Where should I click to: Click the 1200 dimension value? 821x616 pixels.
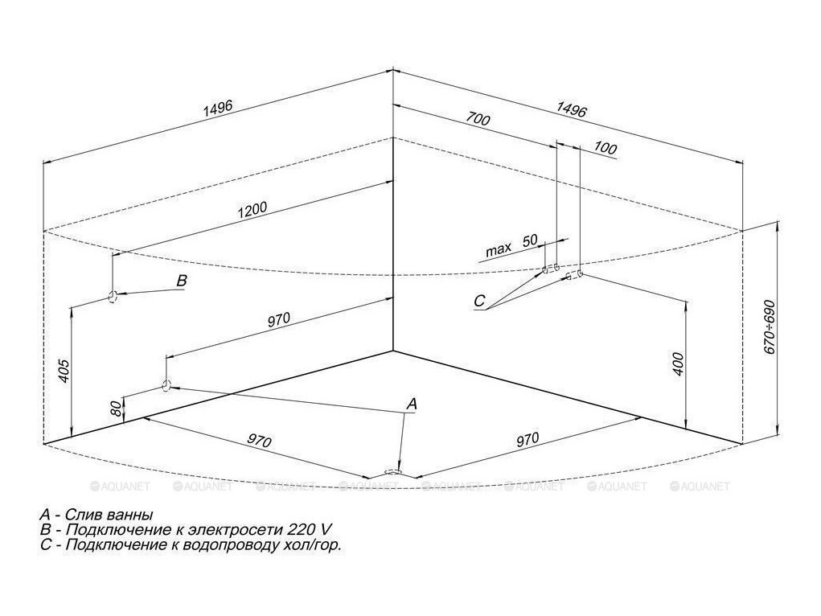(x=252, y=211)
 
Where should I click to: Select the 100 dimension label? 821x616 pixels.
(x=605, y=149)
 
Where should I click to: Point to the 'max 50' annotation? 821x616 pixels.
(x=511, y=246)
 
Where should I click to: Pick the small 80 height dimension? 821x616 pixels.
(x=117, y=409)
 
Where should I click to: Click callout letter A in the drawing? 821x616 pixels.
(x=411, y=404)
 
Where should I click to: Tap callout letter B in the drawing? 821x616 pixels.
(x=182, y=281)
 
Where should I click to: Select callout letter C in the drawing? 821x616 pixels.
(x=479, y=302)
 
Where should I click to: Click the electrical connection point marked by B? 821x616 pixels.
(x=113, y=296)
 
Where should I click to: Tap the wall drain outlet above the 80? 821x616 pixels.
(x=166, y=385)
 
